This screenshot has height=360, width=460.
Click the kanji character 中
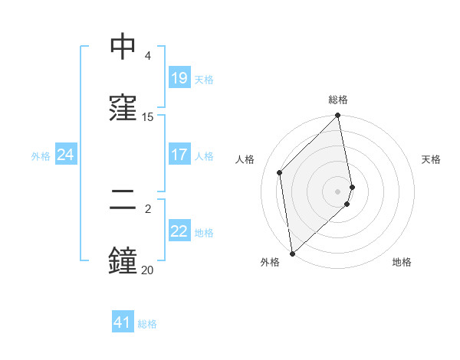point(123,47)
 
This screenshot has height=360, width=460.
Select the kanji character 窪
point(123,107)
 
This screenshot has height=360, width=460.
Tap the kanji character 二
point(123,201)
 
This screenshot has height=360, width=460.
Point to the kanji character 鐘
point(123,260)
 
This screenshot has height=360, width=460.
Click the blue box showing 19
point(179,78)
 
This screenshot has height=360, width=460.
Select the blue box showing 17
point(179,155)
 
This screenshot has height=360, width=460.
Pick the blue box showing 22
point(179,231)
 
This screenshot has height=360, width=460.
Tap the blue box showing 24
point(65,155)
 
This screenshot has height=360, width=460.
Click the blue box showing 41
point(123,322)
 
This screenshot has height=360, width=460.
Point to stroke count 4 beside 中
point(148,56)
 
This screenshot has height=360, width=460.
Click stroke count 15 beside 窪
point(148,117)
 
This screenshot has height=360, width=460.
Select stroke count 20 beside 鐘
point(147,270)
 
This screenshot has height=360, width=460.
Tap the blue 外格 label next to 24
point(41,155)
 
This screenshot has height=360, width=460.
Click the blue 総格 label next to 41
point(147,324)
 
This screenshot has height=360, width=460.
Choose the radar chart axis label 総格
point(338,100)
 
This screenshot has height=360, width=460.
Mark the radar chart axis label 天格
point(432,159)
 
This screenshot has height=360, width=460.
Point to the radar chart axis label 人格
point(245,159)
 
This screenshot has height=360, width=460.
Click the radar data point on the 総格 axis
point(338,116)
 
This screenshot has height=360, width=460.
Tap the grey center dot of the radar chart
point(338,191)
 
